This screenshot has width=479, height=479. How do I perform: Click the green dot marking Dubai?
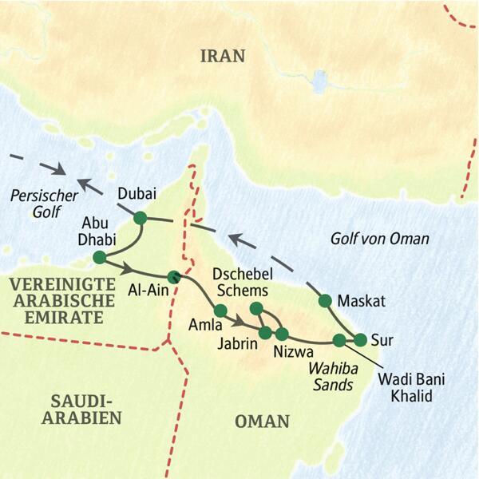[x=141, y=218]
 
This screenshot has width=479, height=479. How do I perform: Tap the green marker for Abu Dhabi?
[x=99, y=257]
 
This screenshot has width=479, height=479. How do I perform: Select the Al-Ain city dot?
[x=173, y=278]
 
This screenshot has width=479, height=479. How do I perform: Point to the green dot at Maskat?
[x=325, y=301]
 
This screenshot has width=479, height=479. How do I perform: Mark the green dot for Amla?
[x=221, y=311]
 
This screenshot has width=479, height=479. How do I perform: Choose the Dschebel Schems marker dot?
[x=256, y=308]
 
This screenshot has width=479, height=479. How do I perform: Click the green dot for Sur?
[x=360, y=338]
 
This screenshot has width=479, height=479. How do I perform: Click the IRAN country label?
[x=223, y=56]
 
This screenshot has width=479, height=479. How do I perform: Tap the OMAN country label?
[x=262, y=421]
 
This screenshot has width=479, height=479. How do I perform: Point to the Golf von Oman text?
[x=380, y=238]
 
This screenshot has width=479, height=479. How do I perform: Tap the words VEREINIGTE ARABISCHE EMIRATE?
[x=57, y=299]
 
